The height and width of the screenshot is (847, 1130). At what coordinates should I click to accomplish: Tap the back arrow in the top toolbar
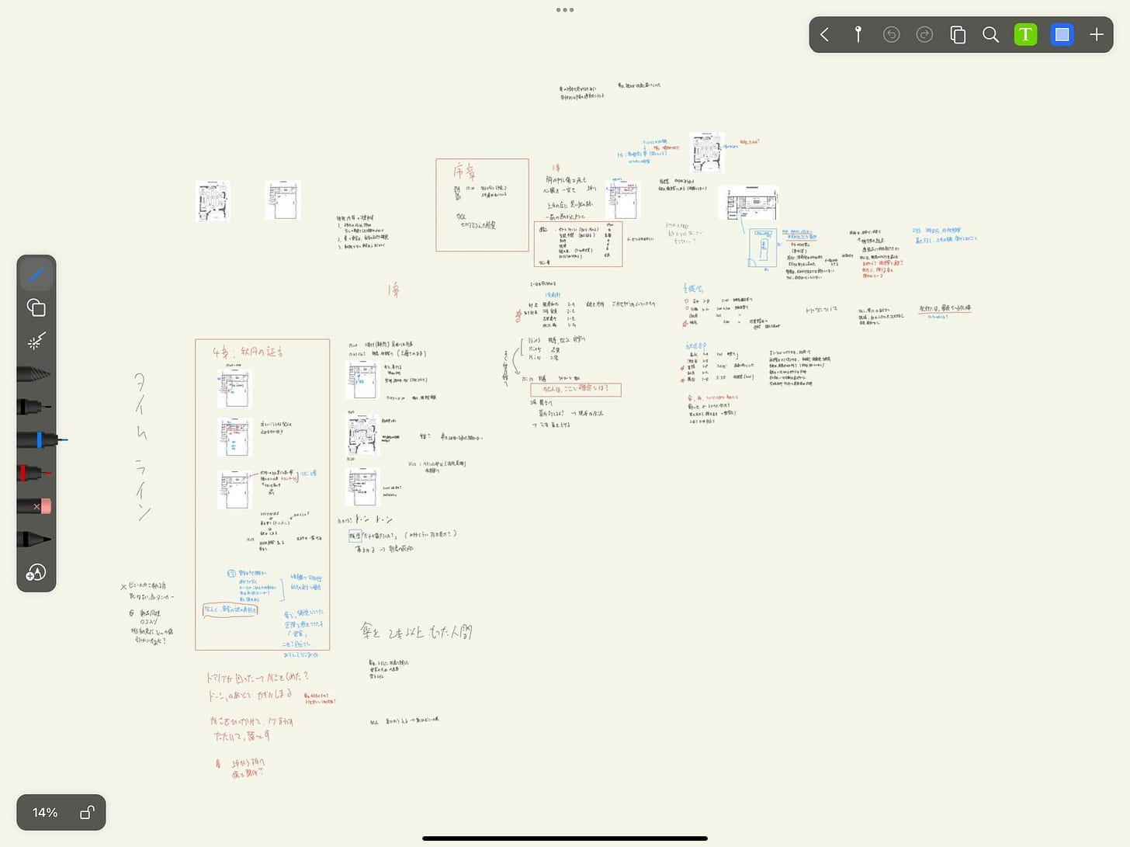click(825, 35)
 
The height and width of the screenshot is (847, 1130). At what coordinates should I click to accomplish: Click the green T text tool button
click(1025, 35)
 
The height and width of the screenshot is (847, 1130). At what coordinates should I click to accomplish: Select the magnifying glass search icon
click(990, 35)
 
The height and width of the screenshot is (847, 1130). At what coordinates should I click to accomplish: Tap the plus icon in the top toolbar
click(1096, 35)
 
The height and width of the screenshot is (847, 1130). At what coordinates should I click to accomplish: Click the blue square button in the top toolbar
click(1062, 35)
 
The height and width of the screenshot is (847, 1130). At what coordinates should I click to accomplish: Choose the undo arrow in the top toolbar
click(891, 35)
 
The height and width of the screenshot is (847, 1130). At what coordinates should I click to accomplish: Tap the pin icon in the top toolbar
click(858, 35)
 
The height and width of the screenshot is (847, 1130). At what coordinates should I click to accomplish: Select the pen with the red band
click(35, 473)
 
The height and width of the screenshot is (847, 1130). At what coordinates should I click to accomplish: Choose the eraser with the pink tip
click(35, 506)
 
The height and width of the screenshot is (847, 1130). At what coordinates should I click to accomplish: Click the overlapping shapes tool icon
click(36, 308)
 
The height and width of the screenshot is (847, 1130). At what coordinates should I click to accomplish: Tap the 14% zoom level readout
click(45, 812)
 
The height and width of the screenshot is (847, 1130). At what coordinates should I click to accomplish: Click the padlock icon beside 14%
click(87, 812)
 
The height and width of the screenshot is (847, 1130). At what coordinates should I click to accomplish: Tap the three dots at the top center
click(565, 10)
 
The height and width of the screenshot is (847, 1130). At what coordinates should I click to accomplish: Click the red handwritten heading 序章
click(465, 172)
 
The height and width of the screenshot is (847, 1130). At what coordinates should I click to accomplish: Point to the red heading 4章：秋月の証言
click(248, 352)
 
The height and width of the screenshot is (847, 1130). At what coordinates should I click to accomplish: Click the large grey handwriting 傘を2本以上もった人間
click(416, 632)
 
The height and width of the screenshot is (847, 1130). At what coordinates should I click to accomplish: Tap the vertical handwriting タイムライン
click(141, 446)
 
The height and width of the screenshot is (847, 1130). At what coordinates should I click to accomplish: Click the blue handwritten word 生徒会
click(693, 289)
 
